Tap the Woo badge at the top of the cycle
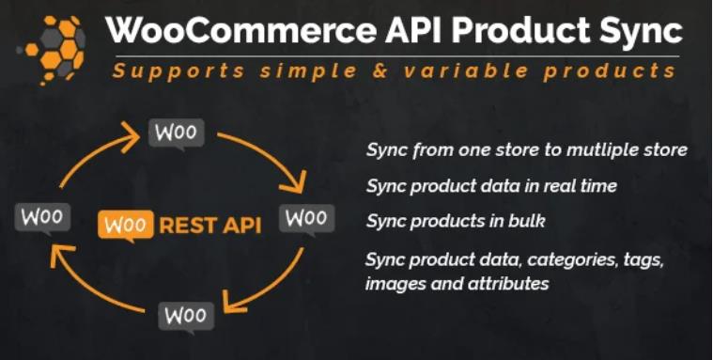click(176, 133)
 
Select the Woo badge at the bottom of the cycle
click(185, 315)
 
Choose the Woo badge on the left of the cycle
click(42, 218)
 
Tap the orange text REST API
click(209, 226)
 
